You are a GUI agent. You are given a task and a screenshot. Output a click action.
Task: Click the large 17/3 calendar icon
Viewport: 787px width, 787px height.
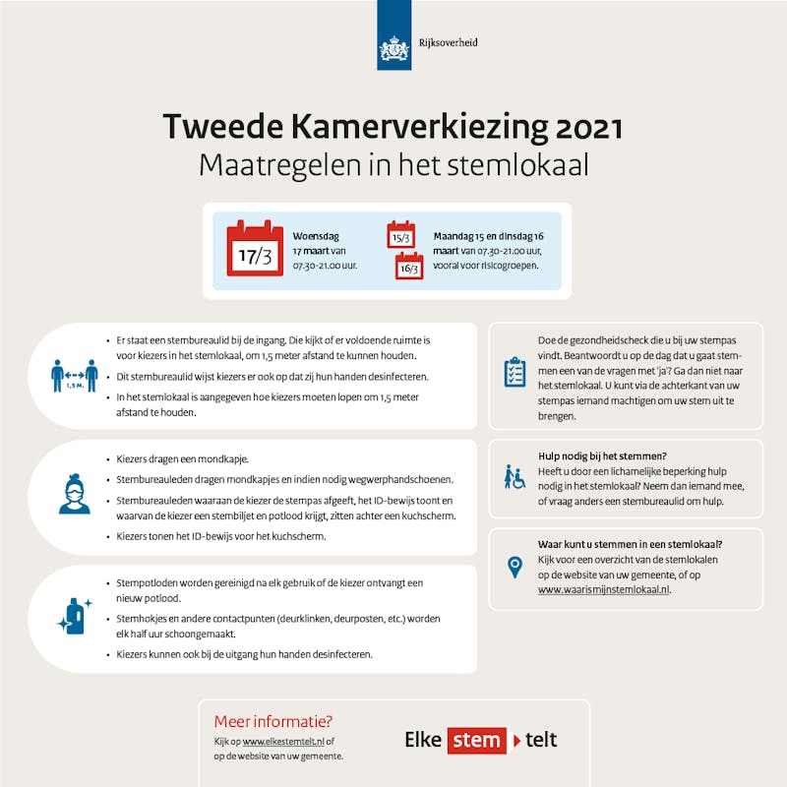pos(255,250)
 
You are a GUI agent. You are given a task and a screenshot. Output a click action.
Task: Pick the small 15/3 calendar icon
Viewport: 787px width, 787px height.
pos(400,234)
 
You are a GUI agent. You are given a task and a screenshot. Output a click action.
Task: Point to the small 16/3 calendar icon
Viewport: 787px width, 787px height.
pos(409,266)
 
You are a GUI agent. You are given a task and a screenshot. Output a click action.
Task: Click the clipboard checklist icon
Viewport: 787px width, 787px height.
pos(515,372)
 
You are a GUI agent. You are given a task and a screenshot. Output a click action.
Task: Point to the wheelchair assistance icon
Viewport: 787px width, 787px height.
pos(515,477)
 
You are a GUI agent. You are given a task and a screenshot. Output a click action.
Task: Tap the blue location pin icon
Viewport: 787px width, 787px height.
pos(515,567)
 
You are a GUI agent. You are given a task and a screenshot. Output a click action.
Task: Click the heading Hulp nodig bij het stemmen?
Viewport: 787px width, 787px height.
pos(602,455)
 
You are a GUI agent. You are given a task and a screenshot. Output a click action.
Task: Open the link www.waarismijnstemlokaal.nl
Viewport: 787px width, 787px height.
pos(603,589)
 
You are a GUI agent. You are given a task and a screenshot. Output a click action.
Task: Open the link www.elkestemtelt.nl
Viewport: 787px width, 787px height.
pos(283,741)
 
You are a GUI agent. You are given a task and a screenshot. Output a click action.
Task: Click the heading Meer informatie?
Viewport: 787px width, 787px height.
pos(273,720)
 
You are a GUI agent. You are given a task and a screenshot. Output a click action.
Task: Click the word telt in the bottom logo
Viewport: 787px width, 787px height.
pos(541,740)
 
